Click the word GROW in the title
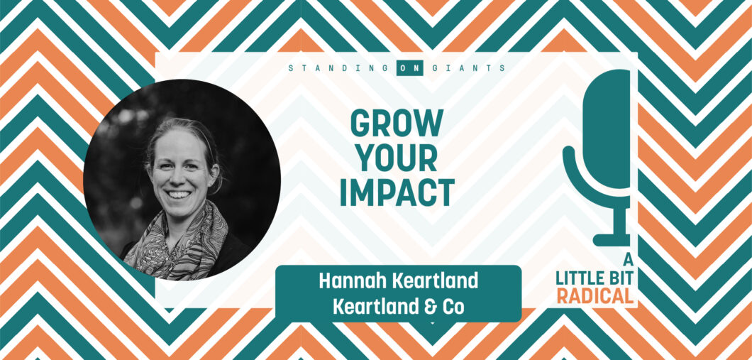[397, 123]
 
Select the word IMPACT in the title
[397, 192]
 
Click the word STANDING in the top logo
[339, 68]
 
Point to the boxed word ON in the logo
[410, 68]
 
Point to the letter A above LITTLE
[627, 260]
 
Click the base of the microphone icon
[612, 240]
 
